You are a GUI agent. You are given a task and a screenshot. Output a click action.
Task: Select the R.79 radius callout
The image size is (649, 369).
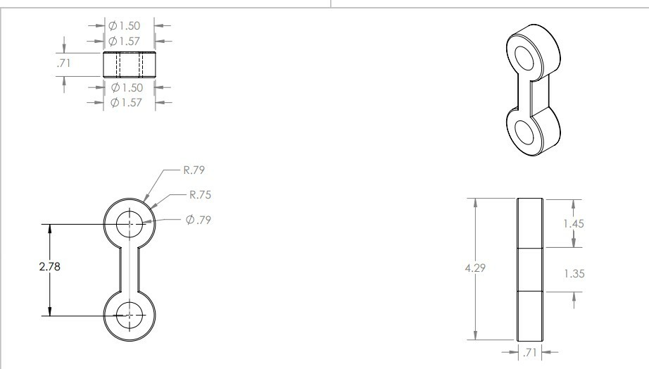click(194, 170)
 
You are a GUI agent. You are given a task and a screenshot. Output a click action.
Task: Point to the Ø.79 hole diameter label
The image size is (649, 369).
click(199, 220)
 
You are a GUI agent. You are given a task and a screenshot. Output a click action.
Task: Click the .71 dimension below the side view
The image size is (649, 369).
click(530, 352)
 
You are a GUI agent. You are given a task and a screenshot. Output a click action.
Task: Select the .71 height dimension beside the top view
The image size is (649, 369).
click(64, 63)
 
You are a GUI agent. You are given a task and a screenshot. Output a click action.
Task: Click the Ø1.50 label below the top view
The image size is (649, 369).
click(127, 87)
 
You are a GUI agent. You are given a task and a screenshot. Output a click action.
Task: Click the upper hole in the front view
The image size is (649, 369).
click(129, 225)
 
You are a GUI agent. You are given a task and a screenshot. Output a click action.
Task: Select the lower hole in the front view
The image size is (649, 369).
click(129, 315)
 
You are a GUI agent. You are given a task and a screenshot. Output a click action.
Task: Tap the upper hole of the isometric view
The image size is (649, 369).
click(525, 58)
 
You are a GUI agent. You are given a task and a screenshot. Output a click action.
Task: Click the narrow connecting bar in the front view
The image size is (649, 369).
click(129, 270)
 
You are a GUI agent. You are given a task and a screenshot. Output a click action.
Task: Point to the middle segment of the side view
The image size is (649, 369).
click(531, 269)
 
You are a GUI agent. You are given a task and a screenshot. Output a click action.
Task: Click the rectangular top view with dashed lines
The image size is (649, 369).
click(129, 65)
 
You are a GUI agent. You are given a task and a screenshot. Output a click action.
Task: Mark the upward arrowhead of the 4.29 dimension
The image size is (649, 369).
click(477, 202)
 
